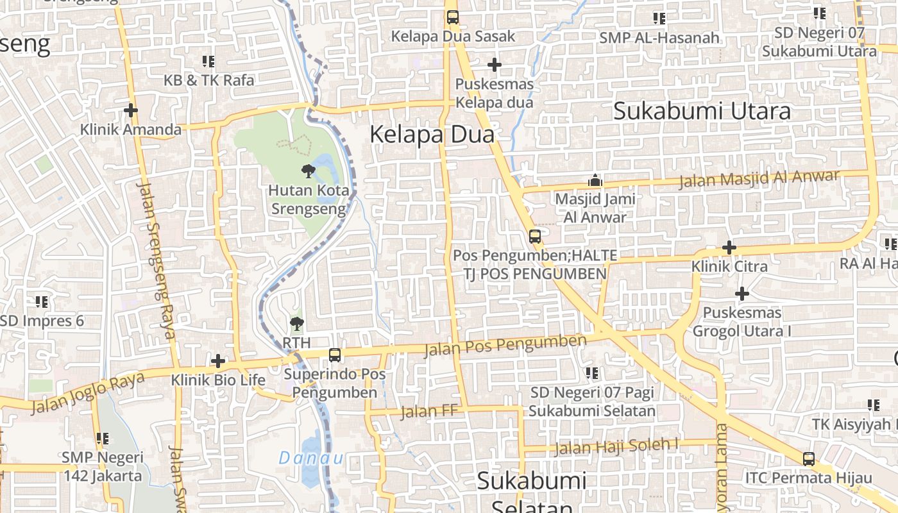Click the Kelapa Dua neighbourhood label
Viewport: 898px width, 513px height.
tap(432, 135)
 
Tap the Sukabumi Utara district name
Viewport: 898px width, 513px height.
tap(702, 111)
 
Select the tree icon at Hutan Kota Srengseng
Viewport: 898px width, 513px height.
tap(309, 171)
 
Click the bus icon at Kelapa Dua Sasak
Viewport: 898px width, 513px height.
tap(453, 17)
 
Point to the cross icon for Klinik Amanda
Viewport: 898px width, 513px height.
tap(131, 110)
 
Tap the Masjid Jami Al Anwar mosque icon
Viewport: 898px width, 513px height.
tap(595, 181)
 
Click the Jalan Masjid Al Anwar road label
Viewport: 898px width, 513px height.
tap(759, 178)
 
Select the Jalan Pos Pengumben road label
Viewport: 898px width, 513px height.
tap(505, 346)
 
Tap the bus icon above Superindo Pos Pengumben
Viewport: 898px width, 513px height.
tap(335, 355)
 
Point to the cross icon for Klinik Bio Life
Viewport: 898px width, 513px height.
tap(218, 361)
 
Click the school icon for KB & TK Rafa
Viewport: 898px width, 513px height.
tap(208, 62)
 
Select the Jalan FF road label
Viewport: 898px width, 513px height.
tap(430, 411)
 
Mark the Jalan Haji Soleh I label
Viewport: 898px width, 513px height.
tap(617, 445)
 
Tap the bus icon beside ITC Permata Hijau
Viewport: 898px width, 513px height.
tap(809, 459)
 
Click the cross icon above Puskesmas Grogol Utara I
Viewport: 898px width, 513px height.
tap(742, 294)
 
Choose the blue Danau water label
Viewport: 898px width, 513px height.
tap(311, 458)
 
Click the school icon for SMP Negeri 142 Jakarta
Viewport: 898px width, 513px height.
tap(102, 439)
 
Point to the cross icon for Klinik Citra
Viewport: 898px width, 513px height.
tap(729, 248)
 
